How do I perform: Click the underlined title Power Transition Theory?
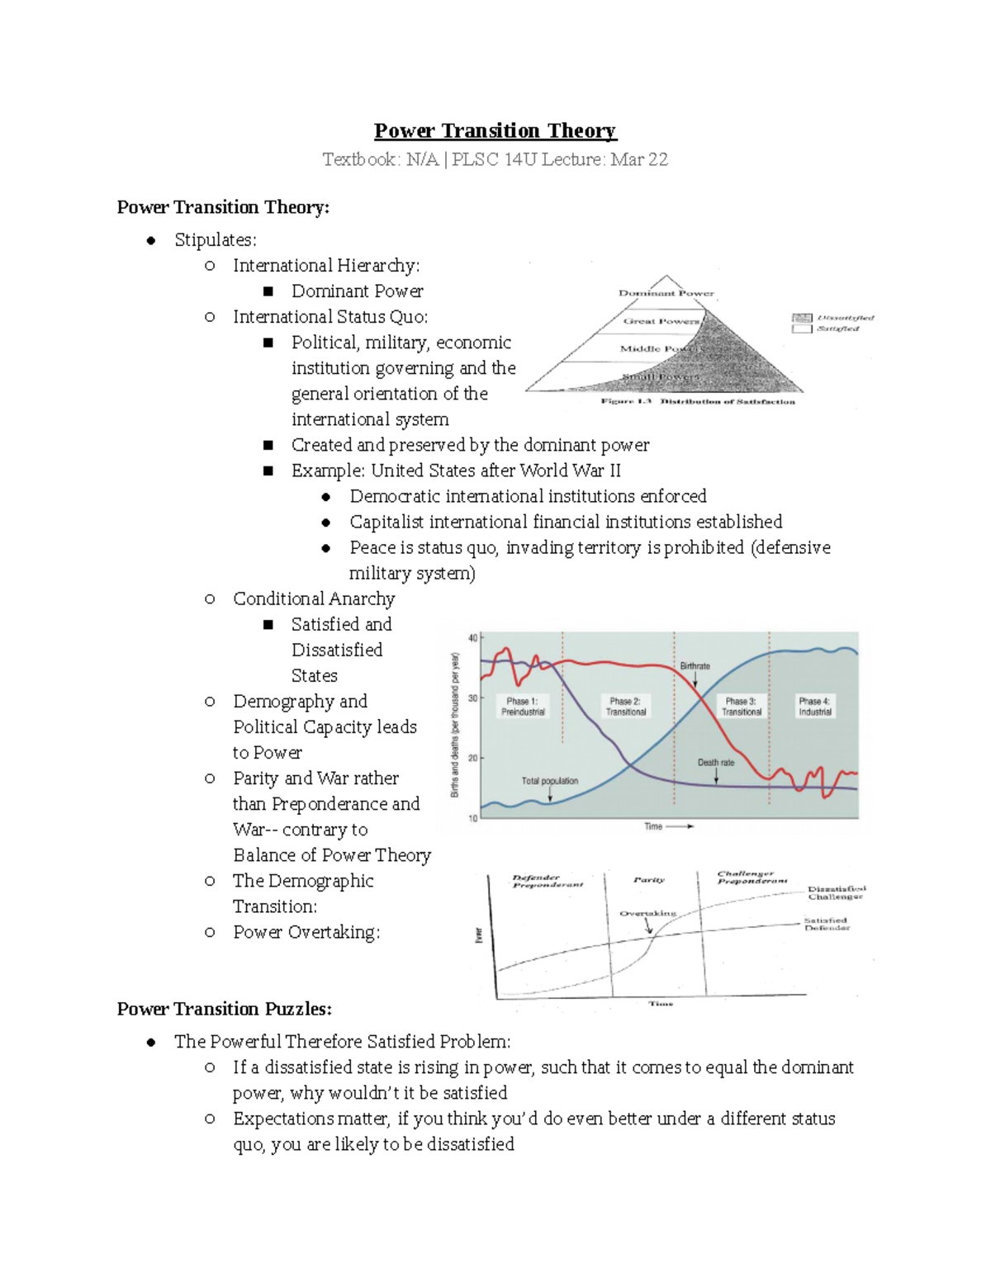[495, 131]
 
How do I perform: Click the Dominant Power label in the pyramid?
[666, 293]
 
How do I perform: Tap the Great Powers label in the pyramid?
[661, 321]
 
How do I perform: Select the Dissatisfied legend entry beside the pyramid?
[844, 318]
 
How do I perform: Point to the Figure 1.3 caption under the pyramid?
[698, 402]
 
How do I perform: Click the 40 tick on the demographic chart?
[473, 638]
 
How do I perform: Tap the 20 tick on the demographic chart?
[473, 758]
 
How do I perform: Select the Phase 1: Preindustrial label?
[523, 707]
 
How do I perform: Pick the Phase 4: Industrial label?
[814, 707]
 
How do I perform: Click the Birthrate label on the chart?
[695, 666]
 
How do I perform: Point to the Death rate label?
[715, 763]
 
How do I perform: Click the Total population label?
[549, 781]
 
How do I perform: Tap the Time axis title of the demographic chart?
[653, 826]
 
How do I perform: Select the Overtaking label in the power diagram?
[647, 914]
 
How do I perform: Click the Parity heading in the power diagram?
[649, 880]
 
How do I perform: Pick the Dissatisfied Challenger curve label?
[836, 892]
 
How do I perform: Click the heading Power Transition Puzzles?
[225, 1009]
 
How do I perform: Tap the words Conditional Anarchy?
[314, 598]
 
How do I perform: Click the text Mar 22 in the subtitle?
[639, 159]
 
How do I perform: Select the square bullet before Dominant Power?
[268, 291]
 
